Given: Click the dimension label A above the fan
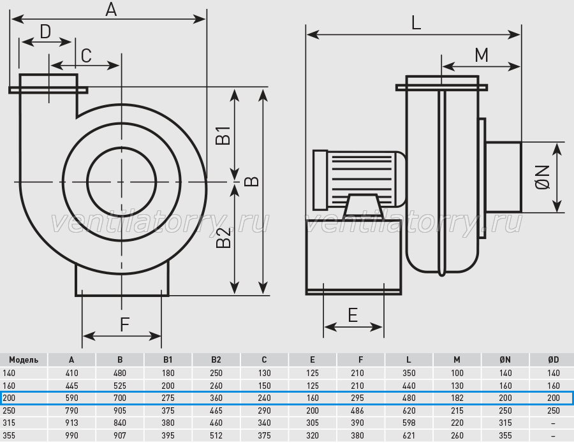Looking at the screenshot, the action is (111, 9).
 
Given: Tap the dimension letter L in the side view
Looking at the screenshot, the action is (416, 23).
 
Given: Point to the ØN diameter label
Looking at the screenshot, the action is (543, 177).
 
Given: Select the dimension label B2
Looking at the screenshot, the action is (224, 237).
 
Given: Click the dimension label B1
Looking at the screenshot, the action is (223, 135).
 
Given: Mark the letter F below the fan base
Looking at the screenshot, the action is (125, 324).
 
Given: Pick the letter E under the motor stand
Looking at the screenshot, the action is (353, 315).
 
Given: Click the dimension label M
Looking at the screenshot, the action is (482, 55).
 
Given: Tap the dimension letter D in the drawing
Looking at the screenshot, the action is (45, 31).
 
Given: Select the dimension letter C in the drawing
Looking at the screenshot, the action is (86, 56).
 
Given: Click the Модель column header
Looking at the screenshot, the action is (24, 360).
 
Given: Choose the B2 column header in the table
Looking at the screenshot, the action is (216, 360).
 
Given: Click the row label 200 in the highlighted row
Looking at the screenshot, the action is (9, 398).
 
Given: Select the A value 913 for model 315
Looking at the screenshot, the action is (71, 423).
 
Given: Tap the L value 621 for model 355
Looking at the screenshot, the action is (409, 435).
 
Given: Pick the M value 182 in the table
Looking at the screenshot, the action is (457, 398).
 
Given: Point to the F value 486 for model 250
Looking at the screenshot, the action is (357, 410).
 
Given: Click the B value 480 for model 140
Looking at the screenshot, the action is (120, 373).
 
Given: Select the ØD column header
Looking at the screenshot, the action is (554, 360).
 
